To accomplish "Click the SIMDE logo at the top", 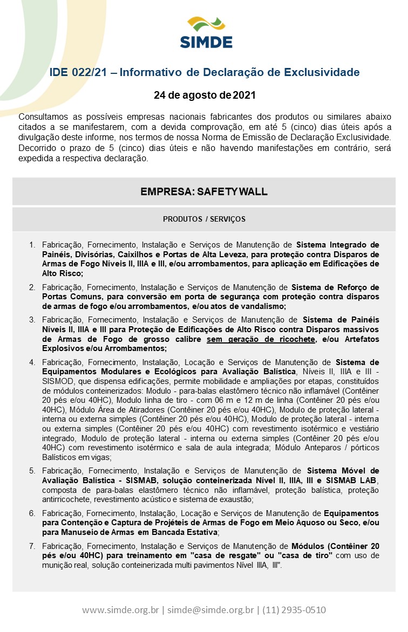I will (206, 32).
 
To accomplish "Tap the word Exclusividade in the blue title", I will (321, 72).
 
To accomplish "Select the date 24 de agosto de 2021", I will (204, 95).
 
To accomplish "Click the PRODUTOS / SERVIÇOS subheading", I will (204, 219).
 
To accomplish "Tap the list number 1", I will (32, 245).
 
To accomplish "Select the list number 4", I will (32, 362).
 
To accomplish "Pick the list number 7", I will (32, 546).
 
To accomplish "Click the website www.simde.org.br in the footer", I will (120, 610).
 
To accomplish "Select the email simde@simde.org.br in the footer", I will (210, 610).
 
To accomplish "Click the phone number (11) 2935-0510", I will (294, 610).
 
